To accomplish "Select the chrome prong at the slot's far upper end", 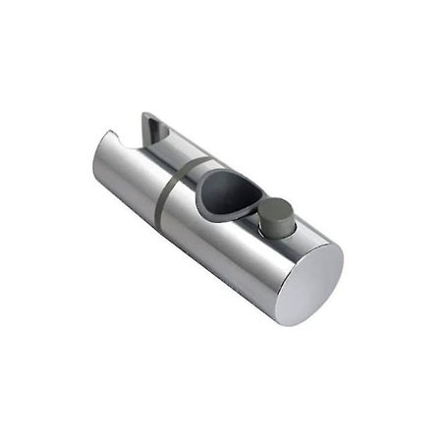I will pyautogui.click(x=147, y=120).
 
